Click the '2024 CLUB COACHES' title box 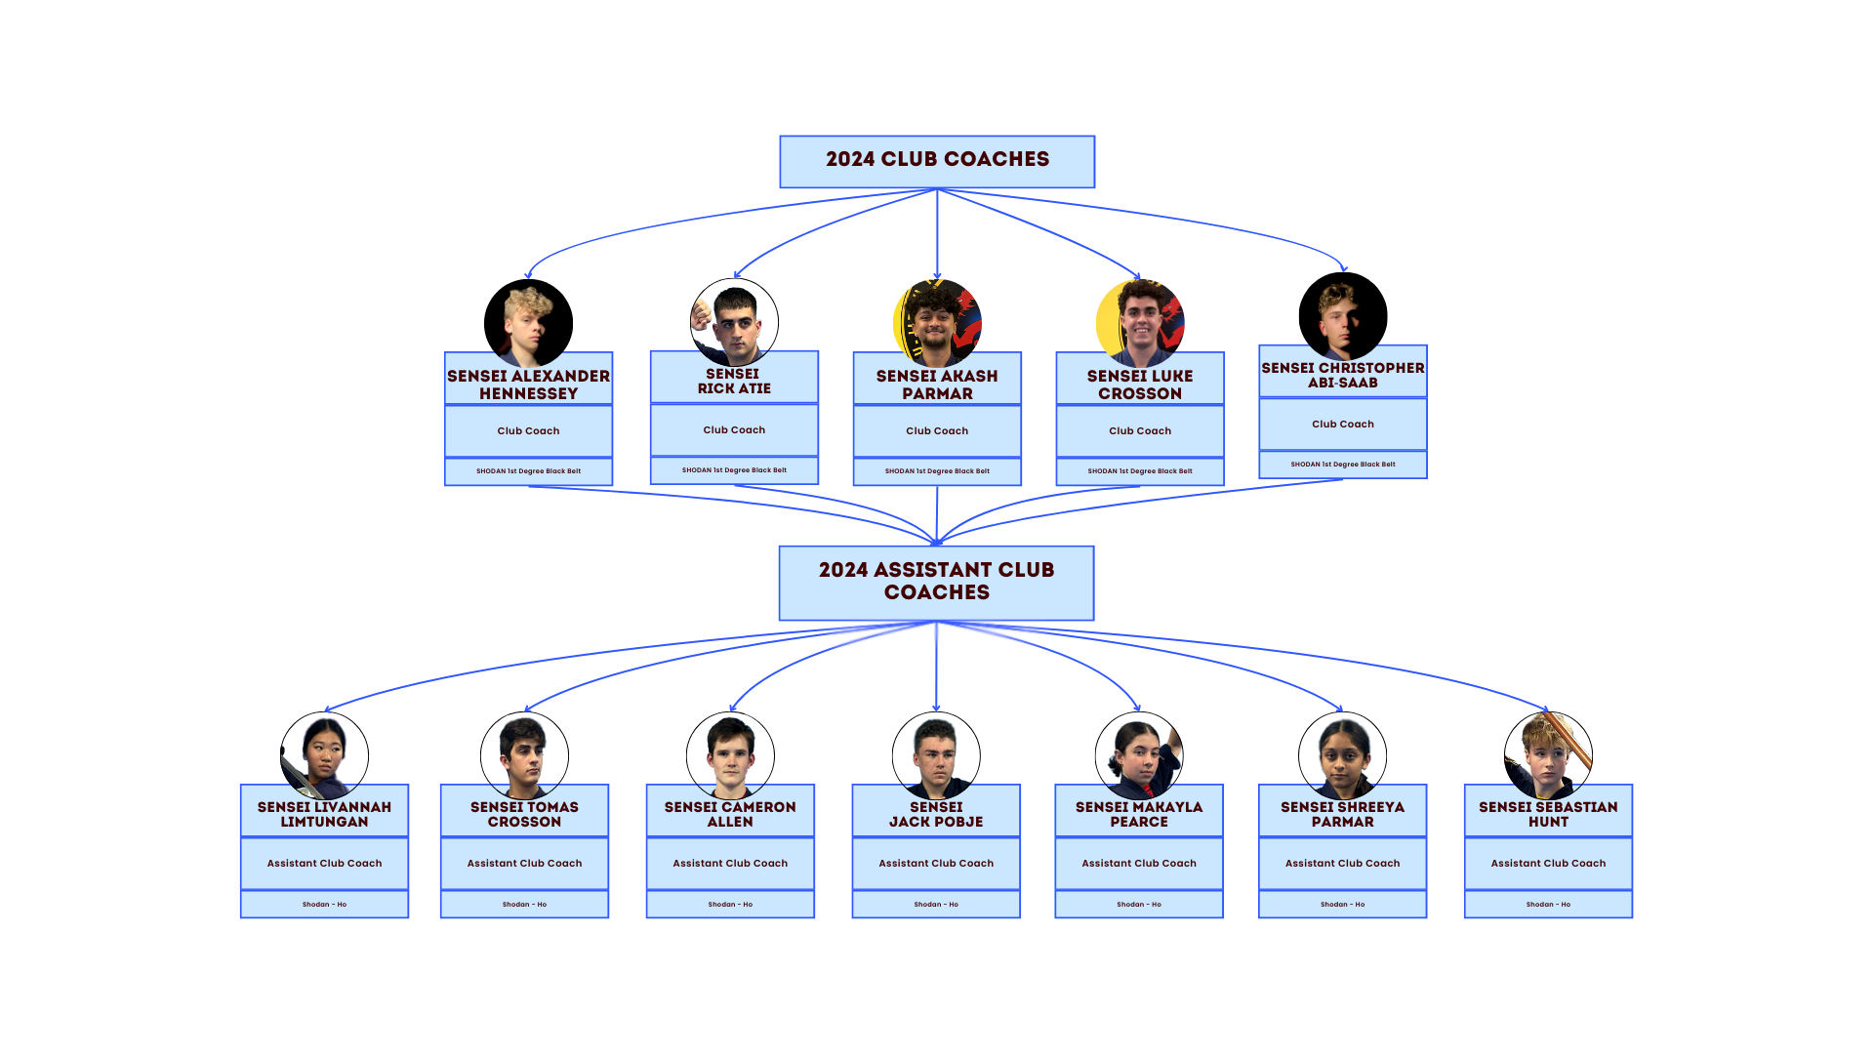coord(937,161)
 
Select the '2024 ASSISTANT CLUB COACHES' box coord(936,582)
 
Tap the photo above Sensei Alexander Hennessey coord(528,319)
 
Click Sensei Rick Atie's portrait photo coord(734,319)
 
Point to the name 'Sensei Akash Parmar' coord(937,385)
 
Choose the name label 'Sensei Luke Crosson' coord(1140,385)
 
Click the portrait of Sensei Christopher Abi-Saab coord(1342,314)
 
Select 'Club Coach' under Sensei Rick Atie coord(734,430)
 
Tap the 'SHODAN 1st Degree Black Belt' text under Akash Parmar coord(937,471)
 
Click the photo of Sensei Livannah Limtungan coord(325,753)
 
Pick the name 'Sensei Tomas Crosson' coord(525,814)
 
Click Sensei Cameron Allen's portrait coord(730,753)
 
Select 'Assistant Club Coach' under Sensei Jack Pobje coord(936,864)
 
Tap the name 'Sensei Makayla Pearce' coord(1139,814)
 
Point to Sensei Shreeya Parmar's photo coord(1342,753)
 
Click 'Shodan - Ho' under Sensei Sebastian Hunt coord(1548,905)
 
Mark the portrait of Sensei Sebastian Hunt coord(1548,753)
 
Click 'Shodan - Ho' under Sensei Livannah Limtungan coord(325,905)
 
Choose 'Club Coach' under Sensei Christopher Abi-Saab coord(1342,425)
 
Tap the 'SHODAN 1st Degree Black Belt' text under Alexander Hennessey coord(528,471)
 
